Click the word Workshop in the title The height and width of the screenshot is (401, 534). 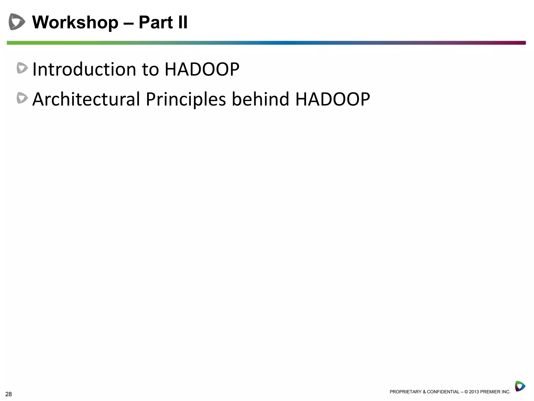pyautogui.click(x=75, y=22)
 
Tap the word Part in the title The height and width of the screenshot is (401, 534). pyautogui.click(x=156, y=22)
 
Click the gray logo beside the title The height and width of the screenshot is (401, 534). pyautogui.click(x=17, y=22)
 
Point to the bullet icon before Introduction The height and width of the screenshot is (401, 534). pyautogui.click(x=22, y=68)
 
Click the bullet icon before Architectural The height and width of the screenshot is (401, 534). pyautogui.click(x=22, y=98)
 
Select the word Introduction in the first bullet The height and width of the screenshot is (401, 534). pyautogui.click(x=84, y=69)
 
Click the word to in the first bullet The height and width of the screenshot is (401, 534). pyautogui.click(x=150, y=69)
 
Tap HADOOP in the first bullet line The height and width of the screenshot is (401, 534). pyautogui.click(x=202, y=69)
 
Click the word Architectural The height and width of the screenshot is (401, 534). pyautogui.click(x=86, y=99)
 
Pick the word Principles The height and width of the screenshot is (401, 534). pyautogui.click(x=186, y=99)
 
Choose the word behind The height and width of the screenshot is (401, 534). pyautogui.click(x=260, y=99)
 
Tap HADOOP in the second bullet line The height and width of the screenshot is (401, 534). pyautogui.click(x=332, y=99)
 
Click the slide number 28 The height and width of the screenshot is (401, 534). pyautogui.click(x=9, y=394)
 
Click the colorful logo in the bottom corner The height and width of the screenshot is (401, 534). pyautogui.click(x=520, y=386)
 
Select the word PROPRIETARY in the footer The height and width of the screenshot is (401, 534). pyautogui.click(x=405, y=392)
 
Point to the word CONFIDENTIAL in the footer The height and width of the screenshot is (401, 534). pyautogui.click(x=443, y=392)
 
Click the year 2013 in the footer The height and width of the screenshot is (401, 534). pyautogui.click(x=474, y=392)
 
